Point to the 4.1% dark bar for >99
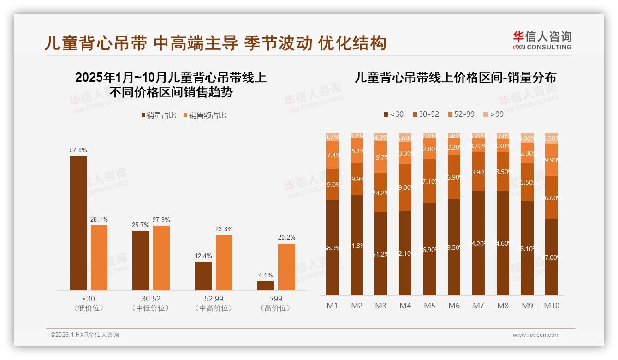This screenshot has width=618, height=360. [266, 286]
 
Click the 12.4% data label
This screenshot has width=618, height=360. [203, 256]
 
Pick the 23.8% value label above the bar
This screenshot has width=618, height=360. [224, 229]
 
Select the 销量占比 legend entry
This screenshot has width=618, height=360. [158, 115]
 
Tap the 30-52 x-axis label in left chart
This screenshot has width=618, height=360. [151, 299]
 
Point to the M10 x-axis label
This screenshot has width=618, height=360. [551, 306]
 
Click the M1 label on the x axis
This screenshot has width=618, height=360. [332, 306]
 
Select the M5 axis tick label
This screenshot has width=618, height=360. [429, 306]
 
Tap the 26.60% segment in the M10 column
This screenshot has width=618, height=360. [551, 198]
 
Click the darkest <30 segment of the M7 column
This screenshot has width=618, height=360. [478, 243]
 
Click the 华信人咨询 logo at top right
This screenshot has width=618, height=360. [542, 40]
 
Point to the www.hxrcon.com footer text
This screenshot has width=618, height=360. [535, 335]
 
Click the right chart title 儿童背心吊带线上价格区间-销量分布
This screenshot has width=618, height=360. [455, 78]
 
